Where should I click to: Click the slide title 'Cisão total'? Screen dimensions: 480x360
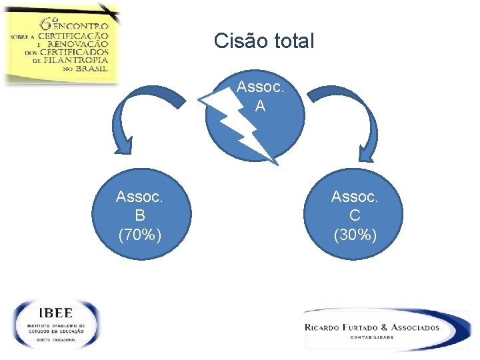[263, 41]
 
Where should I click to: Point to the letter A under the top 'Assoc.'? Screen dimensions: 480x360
[259, 106]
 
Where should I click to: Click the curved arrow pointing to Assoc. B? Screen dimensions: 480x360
[147, 113]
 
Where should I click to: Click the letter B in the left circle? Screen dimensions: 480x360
[139, 215]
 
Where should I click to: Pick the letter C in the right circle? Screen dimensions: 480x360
[355, 215]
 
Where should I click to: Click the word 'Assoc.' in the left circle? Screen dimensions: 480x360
[139, 197]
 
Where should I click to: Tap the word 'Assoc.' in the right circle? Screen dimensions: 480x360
[355, 197]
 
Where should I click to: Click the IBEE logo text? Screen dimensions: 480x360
[56, 313]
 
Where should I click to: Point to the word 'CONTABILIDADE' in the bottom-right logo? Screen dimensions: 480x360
[372, 337]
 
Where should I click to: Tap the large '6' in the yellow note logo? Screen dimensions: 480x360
[49, 23]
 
